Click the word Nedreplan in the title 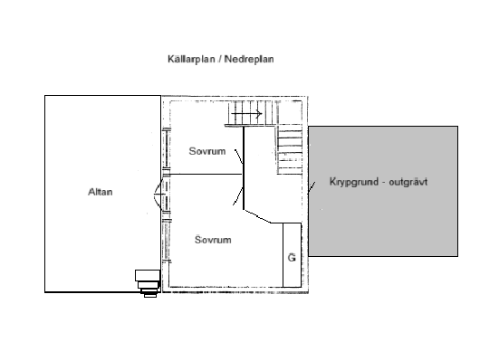[250, 59]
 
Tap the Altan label [100, 191]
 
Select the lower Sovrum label [214, 240]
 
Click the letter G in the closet [292, 258]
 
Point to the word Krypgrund [341, 182]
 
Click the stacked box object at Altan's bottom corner [147, 281]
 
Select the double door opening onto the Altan [159, 194]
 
